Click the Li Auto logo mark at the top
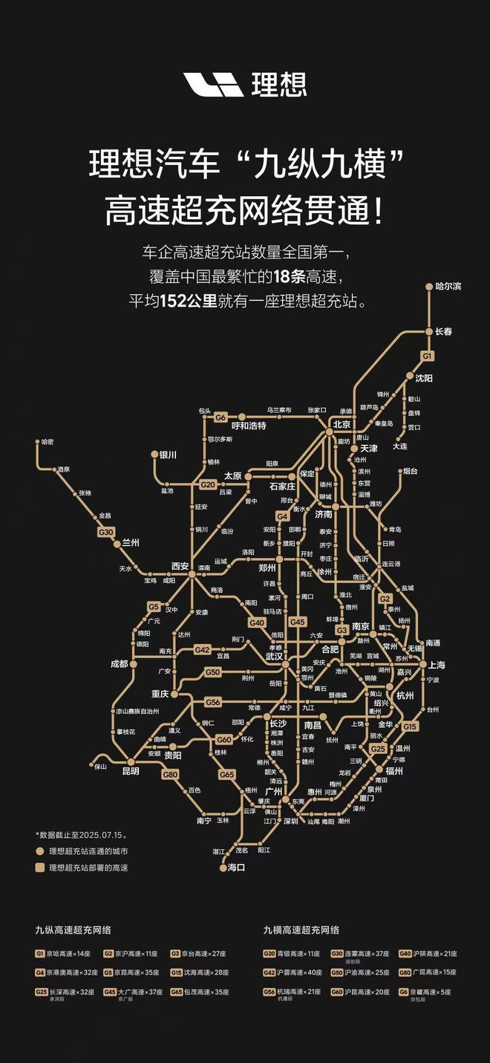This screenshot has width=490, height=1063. [x=214, y=85]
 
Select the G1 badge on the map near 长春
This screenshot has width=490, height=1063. [x=427, y=356]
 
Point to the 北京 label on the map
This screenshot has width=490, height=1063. [x=342, y=425]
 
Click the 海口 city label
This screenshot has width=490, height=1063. [x=236, y=867]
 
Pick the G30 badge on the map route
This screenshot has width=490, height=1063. [x=106, y=532]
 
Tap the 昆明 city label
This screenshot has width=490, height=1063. [x=130, y=771]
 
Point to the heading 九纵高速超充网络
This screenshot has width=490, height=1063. [x=73, y=929]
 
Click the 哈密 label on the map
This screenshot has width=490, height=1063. [x=48, y=442]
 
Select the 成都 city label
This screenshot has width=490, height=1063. [x=119, y=663]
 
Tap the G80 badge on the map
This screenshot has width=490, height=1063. [x=170, y=775]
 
